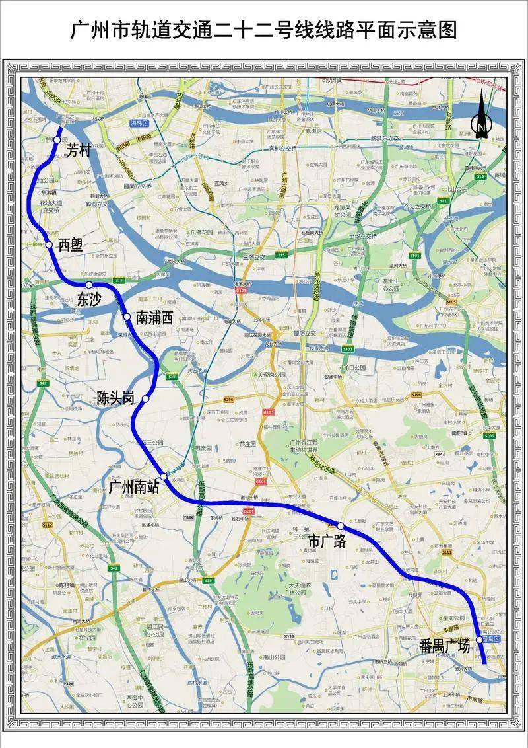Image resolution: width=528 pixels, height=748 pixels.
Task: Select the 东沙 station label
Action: [x=89, y=299]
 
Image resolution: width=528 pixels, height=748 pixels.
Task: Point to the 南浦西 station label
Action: [x=154, y=317]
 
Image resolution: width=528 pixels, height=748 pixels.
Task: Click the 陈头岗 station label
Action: [x=115, y=398]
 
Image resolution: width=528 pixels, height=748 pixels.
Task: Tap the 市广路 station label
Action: [x=327, y=540]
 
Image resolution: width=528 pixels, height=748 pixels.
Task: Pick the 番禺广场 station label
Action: [x=445, y=646]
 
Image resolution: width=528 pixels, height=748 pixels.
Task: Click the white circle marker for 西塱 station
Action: [x=49, y=244]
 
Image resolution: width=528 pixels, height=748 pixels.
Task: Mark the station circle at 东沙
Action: [x=88, y=285]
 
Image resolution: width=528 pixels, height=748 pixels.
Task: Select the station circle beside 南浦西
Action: [x=127, y=317]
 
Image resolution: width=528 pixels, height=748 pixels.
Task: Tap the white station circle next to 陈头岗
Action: [x=145, y=399]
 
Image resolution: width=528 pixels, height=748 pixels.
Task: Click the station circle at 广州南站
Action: [x=164, y=476]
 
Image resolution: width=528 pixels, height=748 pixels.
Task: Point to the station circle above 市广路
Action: [x=340, y=525]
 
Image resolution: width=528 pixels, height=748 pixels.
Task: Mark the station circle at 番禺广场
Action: [x=480, y=640]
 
